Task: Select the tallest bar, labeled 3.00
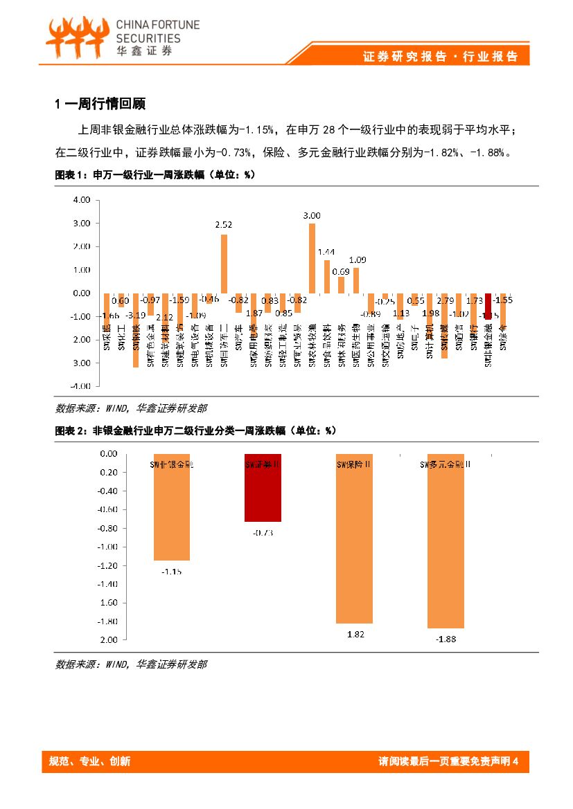click(x=312, y=258)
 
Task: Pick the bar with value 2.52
click(x=224, y=264)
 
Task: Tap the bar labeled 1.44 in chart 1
click(x=326, y=276)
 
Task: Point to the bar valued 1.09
click(x=356, y=280)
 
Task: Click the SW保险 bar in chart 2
click(x=354, y=538)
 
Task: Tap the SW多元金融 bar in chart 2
click(x=445, y=541)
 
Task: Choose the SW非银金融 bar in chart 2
click(x=172, y=507)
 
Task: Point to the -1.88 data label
click(x=446, y=639)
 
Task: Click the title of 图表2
click(x=195, y=430)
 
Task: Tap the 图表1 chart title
click(x=155, y=175)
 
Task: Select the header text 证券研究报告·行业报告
click(x=440, y=57)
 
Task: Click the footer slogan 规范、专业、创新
click(x=89, y=762)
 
